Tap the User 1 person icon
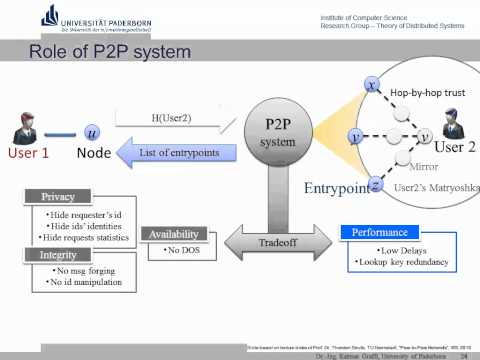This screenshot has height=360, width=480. (30, 130)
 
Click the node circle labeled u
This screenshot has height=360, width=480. (93, 131)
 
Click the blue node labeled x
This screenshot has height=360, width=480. (372, 86)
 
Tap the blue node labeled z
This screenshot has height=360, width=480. (373, 186)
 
